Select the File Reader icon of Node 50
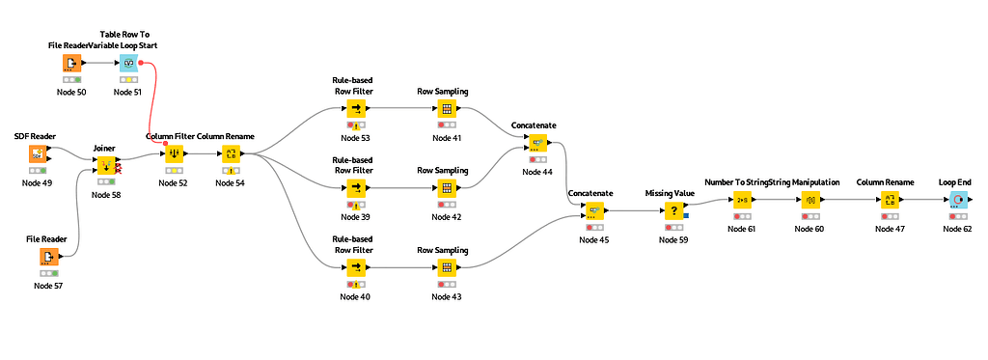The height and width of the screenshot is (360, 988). point(69,64)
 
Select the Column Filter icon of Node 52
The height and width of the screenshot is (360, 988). point(174,154)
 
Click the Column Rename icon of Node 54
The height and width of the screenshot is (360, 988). point(232,154)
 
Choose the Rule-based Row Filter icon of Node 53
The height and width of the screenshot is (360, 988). point(355,109)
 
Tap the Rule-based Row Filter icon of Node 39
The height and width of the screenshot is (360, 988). point(355,188)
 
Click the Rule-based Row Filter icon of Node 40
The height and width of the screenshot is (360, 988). point(355,267)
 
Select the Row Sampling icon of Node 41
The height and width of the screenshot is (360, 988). point(447,109)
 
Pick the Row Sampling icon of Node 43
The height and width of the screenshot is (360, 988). point(447,267)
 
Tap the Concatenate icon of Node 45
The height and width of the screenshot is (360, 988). point(595,211)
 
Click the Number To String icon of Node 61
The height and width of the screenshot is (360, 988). point(741,200)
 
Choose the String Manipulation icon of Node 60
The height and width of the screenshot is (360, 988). point(809,200)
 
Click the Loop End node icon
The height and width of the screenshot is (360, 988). point(957,200)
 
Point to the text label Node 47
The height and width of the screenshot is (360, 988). point(892,229)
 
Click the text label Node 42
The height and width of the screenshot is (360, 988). point(447,217)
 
